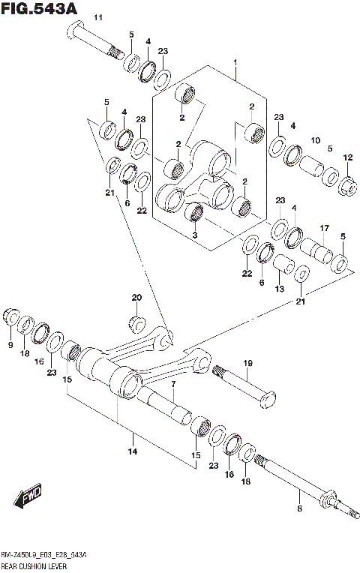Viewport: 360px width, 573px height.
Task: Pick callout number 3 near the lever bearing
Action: coord(193,235)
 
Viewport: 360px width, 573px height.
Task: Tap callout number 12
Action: coord(347,157)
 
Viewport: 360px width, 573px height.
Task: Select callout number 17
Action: coord(325,228)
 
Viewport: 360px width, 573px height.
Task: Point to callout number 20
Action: coord(136,298)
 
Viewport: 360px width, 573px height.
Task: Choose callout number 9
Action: coord(11,344)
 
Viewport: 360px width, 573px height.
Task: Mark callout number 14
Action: coord(132,451)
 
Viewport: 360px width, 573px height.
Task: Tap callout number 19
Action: coord(247,364)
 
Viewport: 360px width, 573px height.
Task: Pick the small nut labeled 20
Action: coord(136,324)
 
